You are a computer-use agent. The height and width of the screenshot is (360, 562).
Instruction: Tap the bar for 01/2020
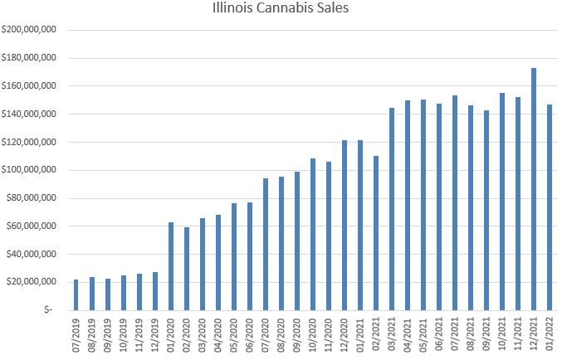coord(171,266)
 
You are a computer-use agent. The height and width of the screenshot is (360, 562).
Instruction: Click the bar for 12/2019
coord(154,291)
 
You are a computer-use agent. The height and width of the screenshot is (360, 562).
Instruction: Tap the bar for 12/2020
coord(345,225)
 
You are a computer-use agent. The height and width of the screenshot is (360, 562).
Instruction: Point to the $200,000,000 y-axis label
coord(29,30)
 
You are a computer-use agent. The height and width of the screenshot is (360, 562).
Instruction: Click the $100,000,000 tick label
coord(29,170)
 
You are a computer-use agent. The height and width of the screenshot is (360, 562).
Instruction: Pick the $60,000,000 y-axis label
coord(31,226)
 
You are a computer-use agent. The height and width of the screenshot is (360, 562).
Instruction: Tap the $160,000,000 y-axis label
coord(29,86)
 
